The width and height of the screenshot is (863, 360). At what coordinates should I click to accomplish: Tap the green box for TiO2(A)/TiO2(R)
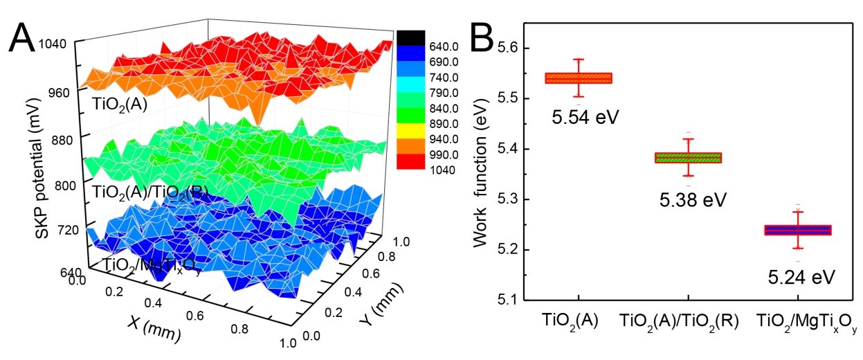(x=687, y=158)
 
